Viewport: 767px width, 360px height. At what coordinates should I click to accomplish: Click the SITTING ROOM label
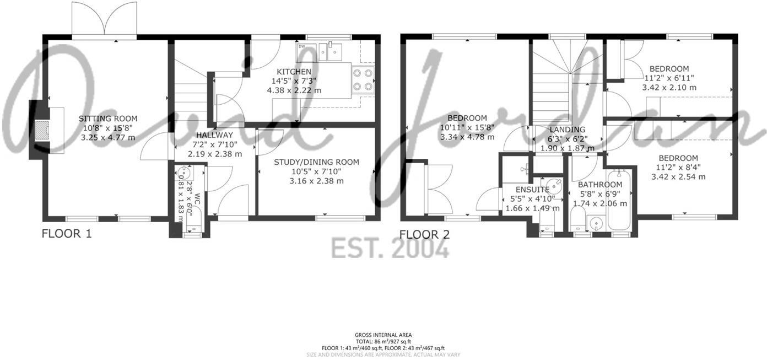click(x=107, y=119)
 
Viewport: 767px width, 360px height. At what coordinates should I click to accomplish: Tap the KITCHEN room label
click(x=294, y=72)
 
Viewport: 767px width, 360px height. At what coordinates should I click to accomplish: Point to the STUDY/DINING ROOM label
click(x=316, y=162)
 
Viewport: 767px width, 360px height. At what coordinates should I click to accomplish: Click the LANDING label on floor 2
click(x=567, y=130)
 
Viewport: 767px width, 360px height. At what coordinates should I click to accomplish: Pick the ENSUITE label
click(x=532, y=190)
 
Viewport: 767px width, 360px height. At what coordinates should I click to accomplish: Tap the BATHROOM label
click(x=600, y=185)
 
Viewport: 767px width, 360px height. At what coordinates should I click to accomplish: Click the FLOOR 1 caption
click(x=66, y=234)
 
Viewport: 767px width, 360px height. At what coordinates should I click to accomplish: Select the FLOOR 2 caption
click(x=424, y=234)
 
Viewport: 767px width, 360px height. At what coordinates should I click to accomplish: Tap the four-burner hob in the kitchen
click(x=362, y=79)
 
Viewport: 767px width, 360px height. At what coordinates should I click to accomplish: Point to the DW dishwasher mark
click(x=301, y=46)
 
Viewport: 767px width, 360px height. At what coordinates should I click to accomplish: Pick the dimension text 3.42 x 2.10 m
click(x=669, y=87)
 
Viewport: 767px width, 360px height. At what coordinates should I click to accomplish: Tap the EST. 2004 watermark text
click(x=390, y=249)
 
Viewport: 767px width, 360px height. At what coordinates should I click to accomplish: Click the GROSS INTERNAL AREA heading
click(x=383, y=335)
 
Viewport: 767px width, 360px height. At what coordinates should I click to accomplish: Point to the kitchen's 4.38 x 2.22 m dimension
click(x=294, y=90)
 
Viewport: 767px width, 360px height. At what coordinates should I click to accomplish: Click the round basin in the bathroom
click(x=595, y=224)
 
